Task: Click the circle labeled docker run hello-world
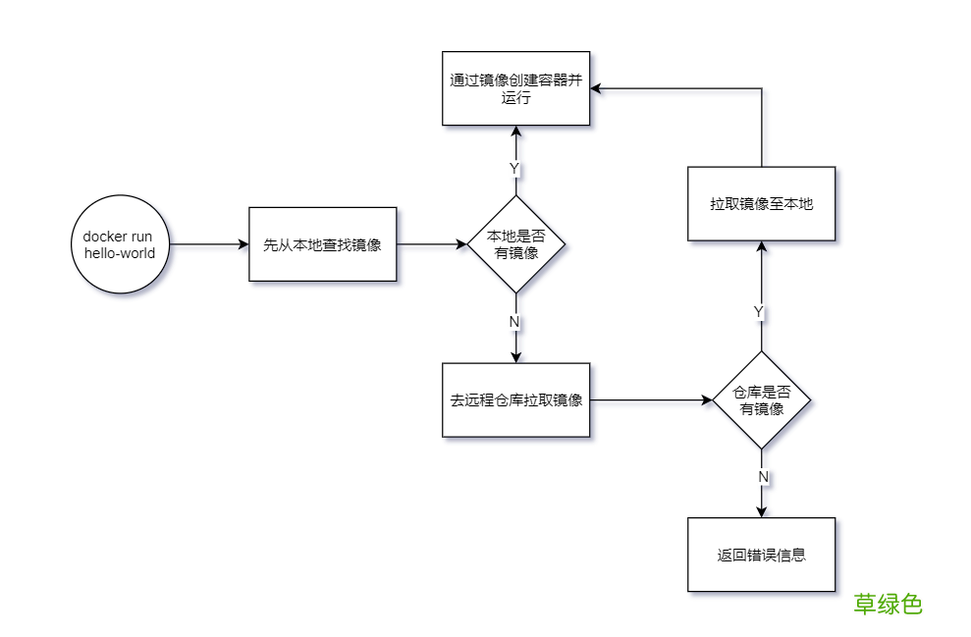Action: [x=120, y=244]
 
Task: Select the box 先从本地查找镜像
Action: [x=322, y=244]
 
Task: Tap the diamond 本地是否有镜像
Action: [x=515, y=244]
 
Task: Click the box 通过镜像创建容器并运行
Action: [x=515, y=88]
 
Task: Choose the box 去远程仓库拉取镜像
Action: [x=515, y=400]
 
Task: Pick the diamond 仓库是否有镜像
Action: [x=762, y=400]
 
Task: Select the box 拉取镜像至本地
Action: [x=762, y=204]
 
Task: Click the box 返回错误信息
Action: [x=762, y=555]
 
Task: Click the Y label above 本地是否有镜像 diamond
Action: [x=514, y=169]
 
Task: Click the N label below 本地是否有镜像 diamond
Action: [x=514, y=322]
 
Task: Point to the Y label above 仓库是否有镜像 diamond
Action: [x=759, y=311]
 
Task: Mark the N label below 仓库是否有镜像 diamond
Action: [x=763, y=477]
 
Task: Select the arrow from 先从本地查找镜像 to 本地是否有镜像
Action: [x=432, y=244]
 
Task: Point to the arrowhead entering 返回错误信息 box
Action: [x=762, y=510]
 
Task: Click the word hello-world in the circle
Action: [x=120, y=253]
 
